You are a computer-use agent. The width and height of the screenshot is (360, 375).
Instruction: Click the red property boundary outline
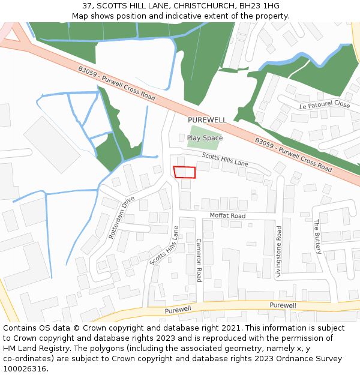click(x=185, y=172)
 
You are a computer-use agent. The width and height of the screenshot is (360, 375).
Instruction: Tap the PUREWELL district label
click(x=207, y=120)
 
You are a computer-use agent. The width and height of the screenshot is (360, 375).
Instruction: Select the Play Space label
click(x=205, y=138)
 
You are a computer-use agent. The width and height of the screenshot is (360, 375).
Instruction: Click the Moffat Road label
click(x=227, y=215)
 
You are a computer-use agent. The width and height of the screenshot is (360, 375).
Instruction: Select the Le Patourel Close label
click(x=325, y=105)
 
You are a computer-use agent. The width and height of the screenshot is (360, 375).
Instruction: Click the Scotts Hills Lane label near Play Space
click(x=225, y=159)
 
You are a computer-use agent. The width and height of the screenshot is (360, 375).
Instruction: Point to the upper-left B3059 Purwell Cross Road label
click(x=116, y=83)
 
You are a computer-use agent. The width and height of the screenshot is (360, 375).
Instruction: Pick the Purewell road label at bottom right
click(x=283, y=305)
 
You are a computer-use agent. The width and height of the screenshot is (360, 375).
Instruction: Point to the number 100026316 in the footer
click(x=24, y=368)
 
